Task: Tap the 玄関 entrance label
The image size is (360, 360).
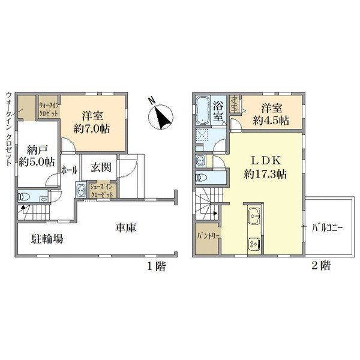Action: point(101,167)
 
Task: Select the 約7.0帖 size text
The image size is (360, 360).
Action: point(92,129)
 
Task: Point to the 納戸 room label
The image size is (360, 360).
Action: point(37,150)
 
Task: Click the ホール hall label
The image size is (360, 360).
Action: point(69,170)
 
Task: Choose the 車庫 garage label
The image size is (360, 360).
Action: point(126,227)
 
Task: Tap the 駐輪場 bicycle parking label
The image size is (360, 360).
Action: point(47,239)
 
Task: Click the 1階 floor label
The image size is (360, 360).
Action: point(156,266)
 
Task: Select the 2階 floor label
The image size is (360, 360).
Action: point(321,266)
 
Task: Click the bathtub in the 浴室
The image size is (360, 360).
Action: point(202,110)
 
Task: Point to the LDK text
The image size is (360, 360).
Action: point(266,161)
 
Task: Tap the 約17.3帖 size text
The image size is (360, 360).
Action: point(265,174)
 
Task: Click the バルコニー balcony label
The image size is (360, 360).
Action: point(327,228)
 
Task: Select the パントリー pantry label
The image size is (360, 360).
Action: point(209,236)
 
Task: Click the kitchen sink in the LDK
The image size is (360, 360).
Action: point(254,216)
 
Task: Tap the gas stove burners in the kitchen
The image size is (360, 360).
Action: point(254,244)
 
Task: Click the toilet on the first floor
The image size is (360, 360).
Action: point(24,197)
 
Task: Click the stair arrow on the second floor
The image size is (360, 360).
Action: point(215,213)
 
